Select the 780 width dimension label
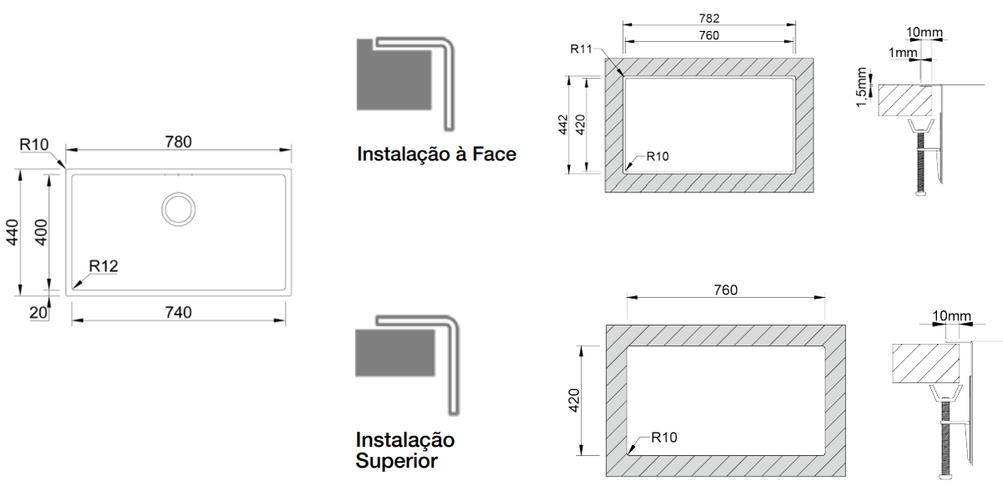(x=178, y=142)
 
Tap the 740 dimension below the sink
(x=178, y=312)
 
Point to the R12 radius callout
(x=104, y=266)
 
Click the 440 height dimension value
(x=12, y=233)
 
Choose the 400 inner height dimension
(x=41, y=233)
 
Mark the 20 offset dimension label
(x=38, y=313)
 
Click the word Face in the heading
(x=494, y=154)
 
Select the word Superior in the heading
(x=396, y=461)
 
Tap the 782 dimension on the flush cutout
(x=709, y=18)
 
